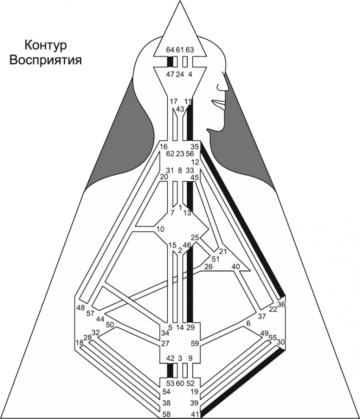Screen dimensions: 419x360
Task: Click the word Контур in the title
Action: [x=45, y=46]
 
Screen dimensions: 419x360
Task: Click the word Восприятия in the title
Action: [x=46, y=60]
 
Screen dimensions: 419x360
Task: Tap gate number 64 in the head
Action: [x=170, y=50]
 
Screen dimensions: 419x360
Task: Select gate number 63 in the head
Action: [x=190, y=50]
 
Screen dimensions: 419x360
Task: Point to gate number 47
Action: [x=170, y=74]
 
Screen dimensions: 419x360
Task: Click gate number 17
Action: [x=173, y=101]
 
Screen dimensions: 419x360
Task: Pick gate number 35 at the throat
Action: [x=195, y=147]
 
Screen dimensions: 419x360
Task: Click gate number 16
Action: [x=164, y=147]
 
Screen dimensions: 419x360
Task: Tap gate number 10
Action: [x=159, y=229]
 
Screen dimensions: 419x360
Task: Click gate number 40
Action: [x=236, y=266]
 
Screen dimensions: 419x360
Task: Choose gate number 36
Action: [x=281, y=305]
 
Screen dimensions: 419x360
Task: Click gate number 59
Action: [x=195, y=343]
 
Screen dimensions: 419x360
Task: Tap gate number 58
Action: [x=167, y=414]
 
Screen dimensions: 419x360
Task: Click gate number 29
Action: [x=190, y=327]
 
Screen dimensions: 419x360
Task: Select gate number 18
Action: [x=79, y=342]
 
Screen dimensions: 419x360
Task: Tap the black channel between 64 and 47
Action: [x=170, y=62]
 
